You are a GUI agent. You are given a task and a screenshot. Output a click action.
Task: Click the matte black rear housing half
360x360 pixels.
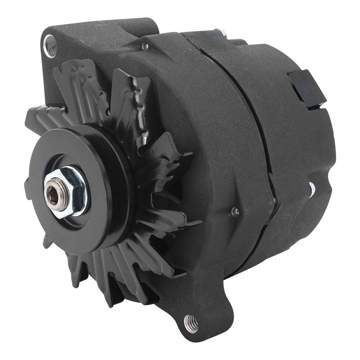click(297, 148)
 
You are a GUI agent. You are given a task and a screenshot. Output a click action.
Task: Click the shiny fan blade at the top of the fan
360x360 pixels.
click(135, 90)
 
